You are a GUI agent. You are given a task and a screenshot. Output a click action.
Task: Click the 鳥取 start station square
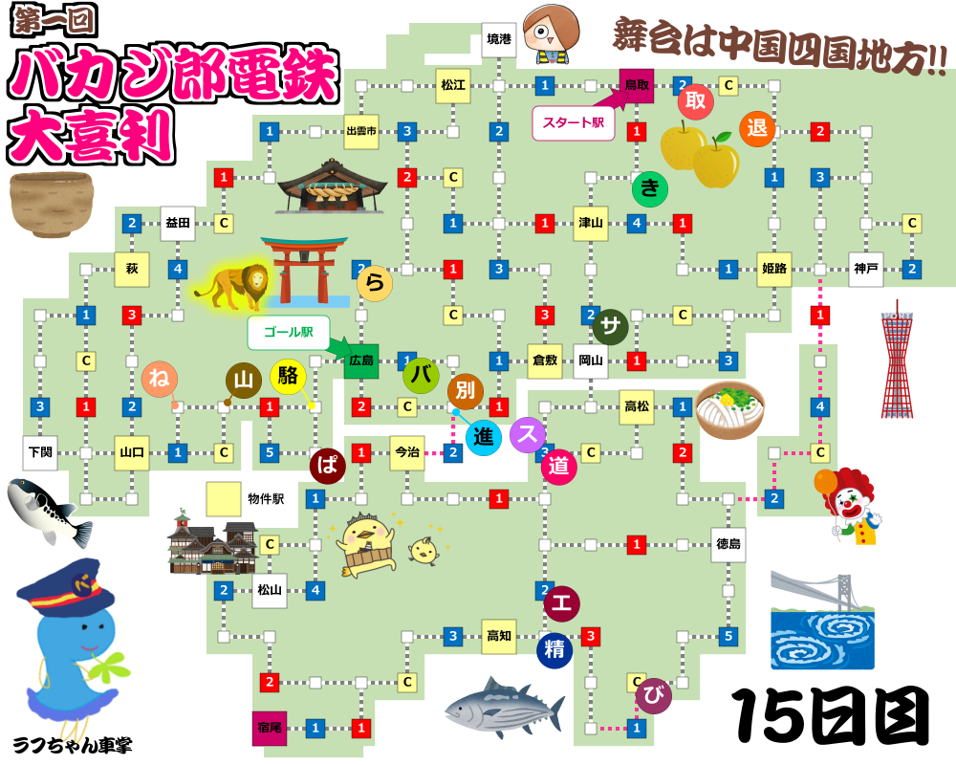point(636,85)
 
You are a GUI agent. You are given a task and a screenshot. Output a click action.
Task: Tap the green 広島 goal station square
point(361,361)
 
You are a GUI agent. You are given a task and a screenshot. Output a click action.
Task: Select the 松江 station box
point(453,85)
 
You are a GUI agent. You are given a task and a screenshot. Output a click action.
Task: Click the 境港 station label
point(499,39)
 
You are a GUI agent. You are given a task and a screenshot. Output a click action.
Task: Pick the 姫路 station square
point(774,269)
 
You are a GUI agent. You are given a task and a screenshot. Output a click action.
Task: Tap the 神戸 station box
point(865,269)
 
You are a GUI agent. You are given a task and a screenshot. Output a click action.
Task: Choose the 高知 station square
point(499,636)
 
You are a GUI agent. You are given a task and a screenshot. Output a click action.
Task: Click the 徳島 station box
point(728,544)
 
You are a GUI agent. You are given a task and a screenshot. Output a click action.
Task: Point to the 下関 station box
point(40,452)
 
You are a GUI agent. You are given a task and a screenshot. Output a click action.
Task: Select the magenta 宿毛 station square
point(270,728)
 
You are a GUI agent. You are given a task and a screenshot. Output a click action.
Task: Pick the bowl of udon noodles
point(730,409)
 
